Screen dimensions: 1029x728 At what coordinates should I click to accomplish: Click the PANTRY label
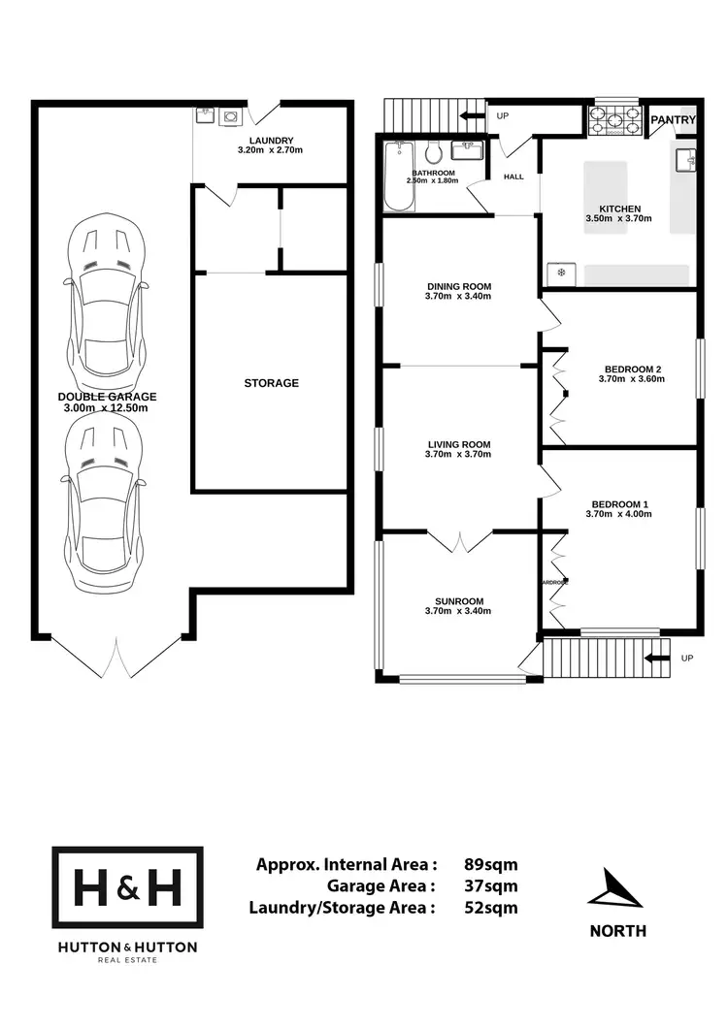click(x=673, y=120)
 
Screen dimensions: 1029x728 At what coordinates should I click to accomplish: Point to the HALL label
click(x=513, y=177)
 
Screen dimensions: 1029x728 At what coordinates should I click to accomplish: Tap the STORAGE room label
click(x=271, y=383)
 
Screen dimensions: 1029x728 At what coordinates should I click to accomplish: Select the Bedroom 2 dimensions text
click(x=633, y=380)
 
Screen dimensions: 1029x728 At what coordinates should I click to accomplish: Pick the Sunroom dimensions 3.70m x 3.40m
click(x=458, y=611)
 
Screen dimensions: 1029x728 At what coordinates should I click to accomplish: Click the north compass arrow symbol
click(x=617, y=889)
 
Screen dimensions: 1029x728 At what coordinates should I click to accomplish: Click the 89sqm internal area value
click(x=492, y=864)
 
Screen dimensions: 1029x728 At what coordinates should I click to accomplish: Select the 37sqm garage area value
click(x=492, y=885)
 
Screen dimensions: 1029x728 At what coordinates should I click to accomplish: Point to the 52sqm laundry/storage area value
click(x=492, y=908)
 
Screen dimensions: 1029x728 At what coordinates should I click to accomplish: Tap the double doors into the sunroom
click(x=460, y=541)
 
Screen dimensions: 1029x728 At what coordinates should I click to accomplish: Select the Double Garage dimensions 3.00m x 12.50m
click(x=107, y=408)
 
